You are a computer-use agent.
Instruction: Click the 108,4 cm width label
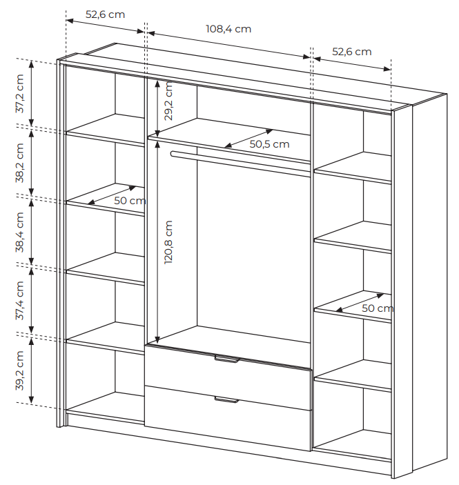[x=228, y=29]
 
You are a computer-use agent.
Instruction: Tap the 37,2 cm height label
[x=19, y=93]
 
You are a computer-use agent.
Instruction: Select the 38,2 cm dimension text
[x=19, y=163]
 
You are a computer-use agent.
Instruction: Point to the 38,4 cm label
[x=19, y=232]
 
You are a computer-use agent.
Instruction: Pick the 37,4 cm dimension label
[x=19, y=300]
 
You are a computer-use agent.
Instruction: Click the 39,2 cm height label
[x=19, y=370]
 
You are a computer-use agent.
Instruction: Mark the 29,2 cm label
[x=168, y=101]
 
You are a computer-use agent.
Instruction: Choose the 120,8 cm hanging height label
[x=168, y=242]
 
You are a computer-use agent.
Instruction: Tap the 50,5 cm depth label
[x=269, y=143]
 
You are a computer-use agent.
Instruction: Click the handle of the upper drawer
[x=227, y=359]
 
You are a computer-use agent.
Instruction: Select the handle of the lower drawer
[x=226, y=400]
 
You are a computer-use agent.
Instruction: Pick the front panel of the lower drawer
[x=228, y=418]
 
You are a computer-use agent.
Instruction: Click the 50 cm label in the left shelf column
[x=130, y=201]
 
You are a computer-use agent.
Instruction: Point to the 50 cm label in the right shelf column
[x=378, y=308]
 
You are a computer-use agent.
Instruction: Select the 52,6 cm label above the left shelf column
[x=105, y=14]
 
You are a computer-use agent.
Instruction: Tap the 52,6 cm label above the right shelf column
[x=352, y=51]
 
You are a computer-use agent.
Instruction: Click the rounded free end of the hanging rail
[x=173, y=154]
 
